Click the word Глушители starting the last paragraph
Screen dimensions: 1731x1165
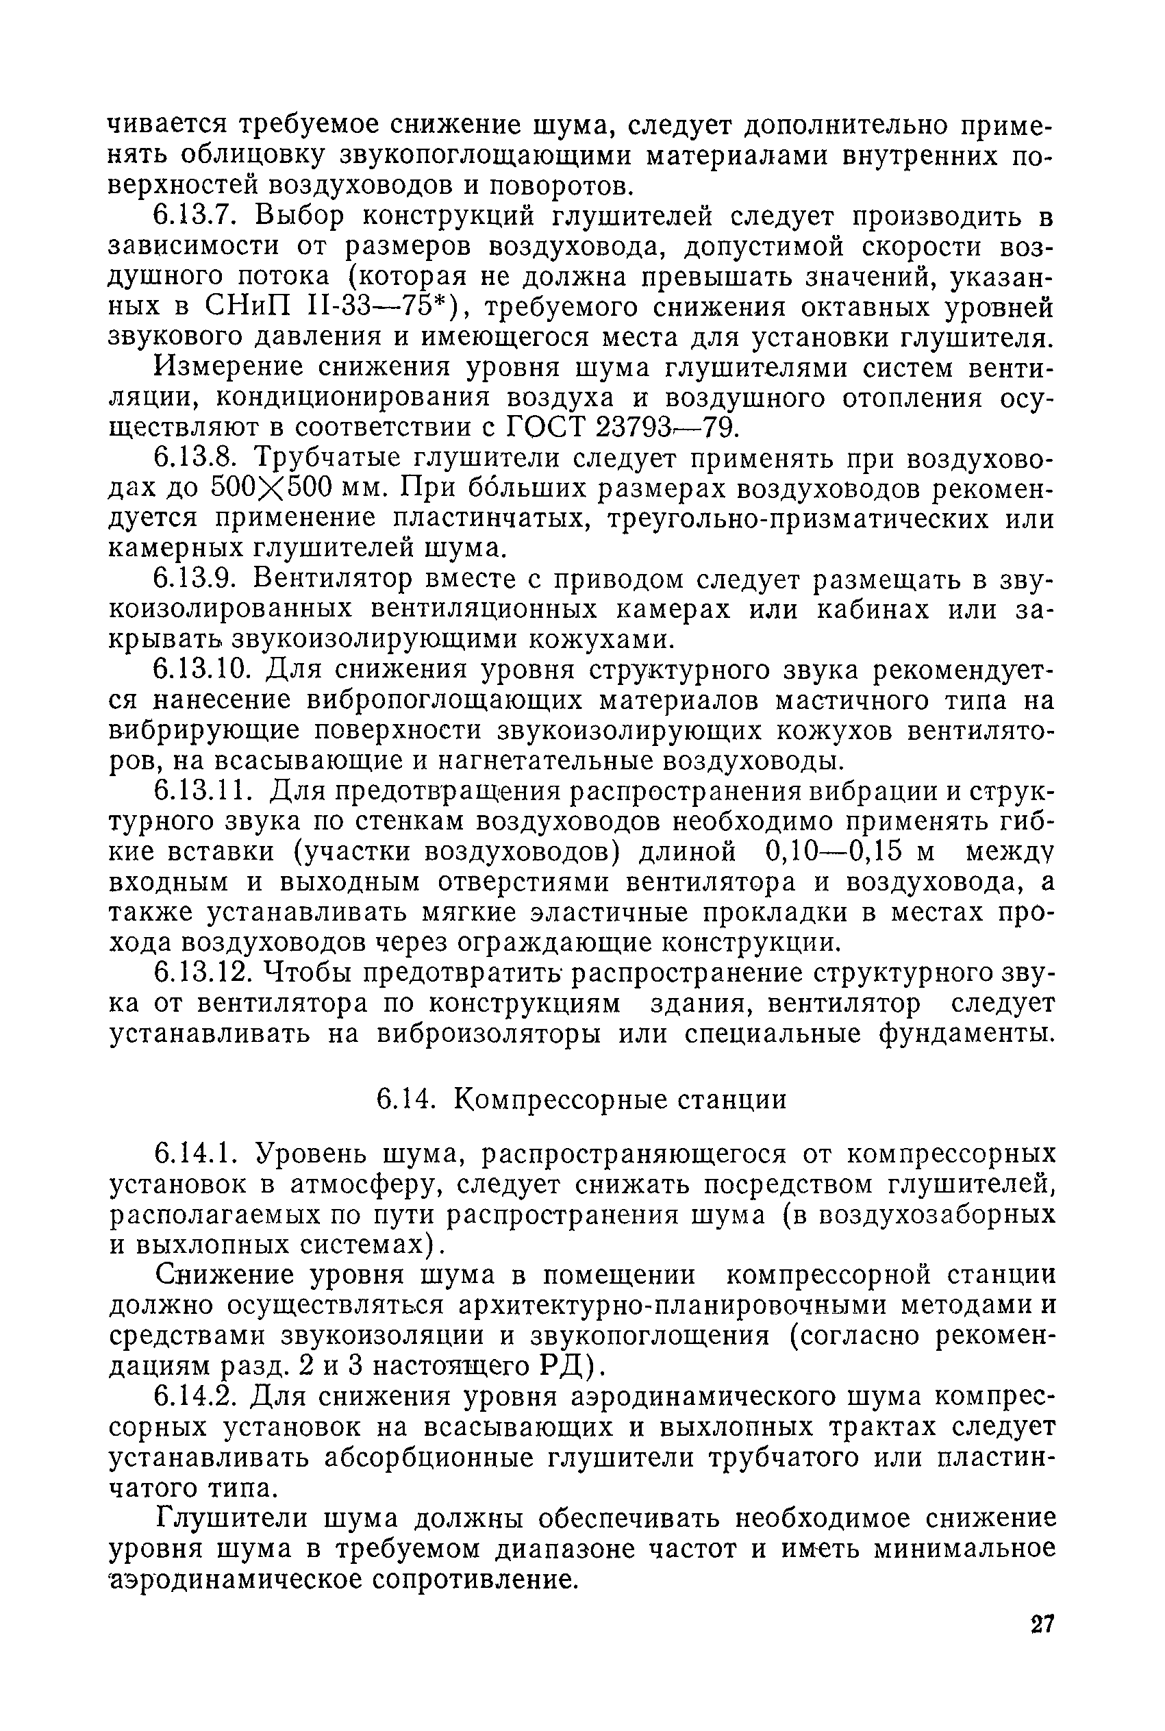click(223, 1518)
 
